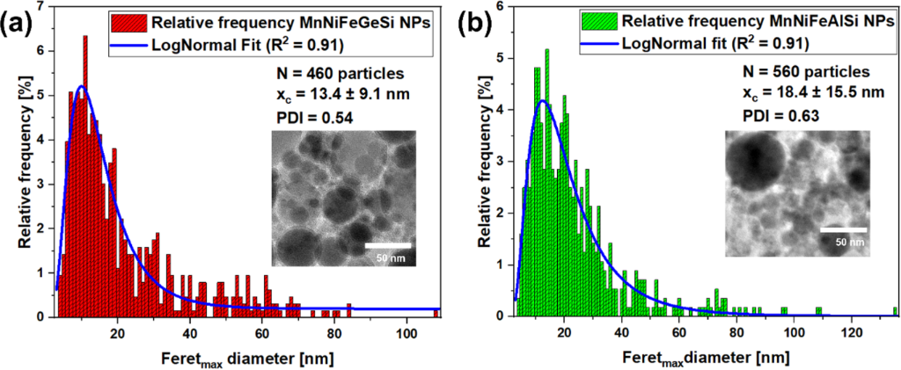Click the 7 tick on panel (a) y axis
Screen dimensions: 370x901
41,7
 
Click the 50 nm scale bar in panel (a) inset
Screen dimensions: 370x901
388,243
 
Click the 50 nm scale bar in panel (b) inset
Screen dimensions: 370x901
844,230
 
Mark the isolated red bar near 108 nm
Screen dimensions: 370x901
436,312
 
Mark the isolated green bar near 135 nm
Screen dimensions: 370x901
895,309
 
